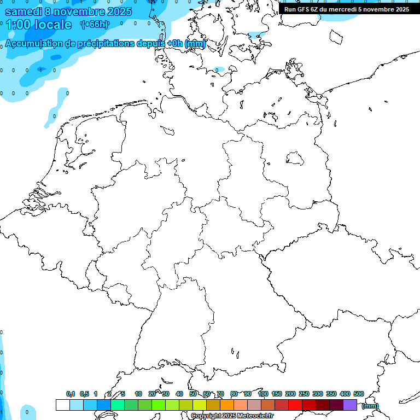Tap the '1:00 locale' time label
tap(38, 25)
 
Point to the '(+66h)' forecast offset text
tap(95, 24)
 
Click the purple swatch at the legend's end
tap(350, 405)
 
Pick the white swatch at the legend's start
tap(62, 405)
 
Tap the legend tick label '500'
tap(358, 394)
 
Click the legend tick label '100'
tap(262, 394)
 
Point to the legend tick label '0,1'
tap(71, 394)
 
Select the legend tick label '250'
tap(304, 394)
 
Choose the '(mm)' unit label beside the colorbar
tap(370, 406)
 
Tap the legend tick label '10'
tap(138, 394)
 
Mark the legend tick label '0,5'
tap(84, 394)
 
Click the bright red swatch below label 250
tap(295, 405)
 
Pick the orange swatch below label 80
tap(226, 405)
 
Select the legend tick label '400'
tap(345, 394)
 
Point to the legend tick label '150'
tap(276, 394)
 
